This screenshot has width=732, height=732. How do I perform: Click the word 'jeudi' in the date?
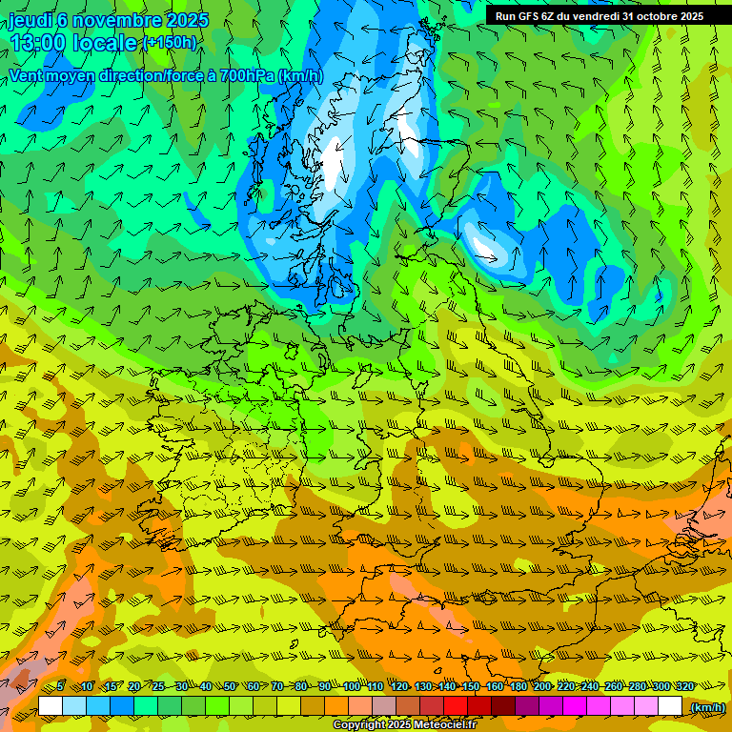(30, 20)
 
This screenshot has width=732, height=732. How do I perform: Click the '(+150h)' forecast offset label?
(169, 43)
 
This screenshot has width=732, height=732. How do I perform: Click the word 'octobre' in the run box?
(649, 16)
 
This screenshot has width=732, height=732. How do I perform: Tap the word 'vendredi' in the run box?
(593, 16)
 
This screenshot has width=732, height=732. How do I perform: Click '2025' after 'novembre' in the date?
(187, 20)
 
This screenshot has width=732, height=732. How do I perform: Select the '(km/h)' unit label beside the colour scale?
(707, 707)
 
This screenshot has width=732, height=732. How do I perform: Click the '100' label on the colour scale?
(352, 687)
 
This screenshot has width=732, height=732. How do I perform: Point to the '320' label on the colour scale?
(684, 687)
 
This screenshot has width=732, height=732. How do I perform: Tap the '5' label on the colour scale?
(60, 687)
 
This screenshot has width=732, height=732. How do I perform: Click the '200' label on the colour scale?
(542, 687)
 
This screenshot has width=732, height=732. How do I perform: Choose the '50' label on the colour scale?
(230, 687)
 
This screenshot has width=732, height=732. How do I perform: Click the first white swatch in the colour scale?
(51, 706)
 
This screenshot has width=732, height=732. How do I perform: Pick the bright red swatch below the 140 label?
(456, 706)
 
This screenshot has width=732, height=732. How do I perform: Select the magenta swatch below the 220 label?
(575, 706)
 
